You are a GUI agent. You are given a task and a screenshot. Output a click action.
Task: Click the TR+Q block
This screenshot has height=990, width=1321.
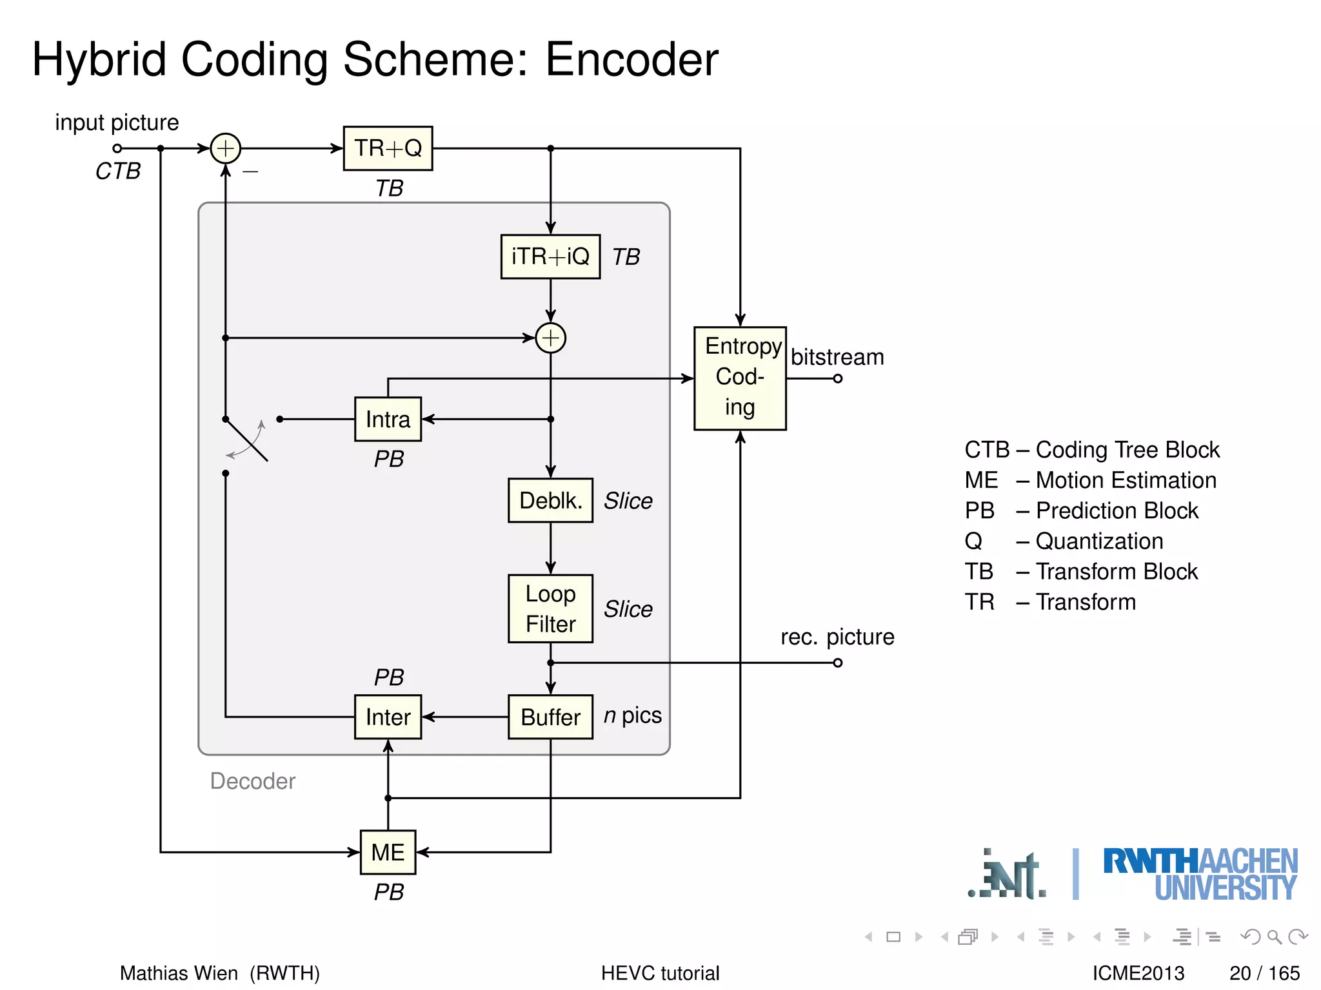[388, 148]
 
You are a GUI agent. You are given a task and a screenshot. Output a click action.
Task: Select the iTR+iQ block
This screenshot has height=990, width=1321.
[550, 257]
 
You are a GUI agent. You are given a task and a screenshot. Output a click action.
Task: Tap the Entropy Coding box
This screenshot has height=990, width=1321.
[740, 378]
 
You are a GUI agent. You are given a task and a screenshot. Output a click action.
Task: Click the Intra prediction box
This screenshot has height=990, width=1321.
[388, 419]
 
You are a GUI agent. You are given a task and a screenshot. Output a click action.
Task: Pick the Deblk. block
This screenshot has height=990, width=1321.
[550, 500]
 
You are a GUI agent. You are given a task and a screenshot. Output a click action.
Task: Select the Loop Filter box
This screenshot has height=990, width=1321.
[550, 608]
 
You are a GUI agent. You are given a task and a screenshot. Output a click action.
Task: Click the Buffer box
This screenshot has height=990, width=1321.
[550, 717]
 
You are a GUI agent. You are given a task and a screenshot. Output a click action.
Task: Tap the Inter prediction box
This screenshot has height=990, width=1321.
[388, 717]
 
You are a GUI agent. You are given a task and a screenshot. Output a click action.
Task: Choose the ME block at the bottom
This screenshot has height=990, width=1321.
[388, 852]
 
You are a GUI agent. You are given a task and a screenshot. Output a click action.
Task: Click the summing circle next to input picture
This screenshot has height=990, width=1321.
[225, 148]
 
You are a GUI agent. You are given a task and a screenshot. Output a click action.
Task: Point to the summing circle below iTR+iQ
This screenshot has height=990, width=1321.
[550, 338]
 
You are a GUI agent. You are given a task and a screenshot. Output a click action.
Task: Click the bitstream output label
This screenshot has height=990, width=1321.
[837, 357]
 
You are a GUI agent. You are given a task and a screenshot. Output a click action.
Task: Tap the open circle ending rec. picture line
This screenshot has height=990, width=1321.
[837, 663]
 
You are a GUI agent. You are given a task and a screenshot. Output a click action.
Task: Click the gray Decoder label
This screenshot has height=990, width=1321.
[252, 781]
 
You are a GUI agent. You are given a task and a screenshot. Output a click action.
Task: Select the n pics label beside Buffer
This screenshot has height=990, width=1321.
[633, 715]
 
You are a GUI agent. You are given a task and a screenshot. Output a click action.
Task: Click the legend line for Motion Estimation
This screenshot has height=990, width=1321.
[1090, 480]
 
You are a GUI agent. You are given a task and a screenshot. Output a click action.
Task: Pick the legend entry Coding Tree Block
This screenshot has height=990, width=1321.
[1091, 449]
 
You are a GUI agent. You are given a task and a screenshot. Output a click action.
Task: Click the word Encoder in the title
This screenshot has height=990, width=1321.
[631, 59]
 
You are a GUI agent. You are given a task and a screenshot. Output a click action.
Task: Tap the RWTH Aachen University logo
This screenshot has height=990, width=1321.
[1200, 874]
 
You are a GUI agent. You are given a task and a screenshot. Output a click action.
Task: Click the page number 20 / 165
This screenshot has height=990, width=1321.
[1264, 973]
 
